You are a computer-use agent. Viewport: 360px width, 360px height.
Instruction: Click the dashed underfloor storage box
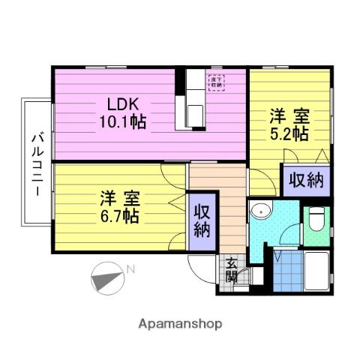point(216,82)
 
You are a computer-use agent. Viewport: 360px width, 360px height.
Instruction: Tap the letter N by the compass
point(130,269)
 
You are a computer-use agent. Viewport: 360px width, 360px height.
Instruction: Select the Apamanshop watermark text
point(180,325)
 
